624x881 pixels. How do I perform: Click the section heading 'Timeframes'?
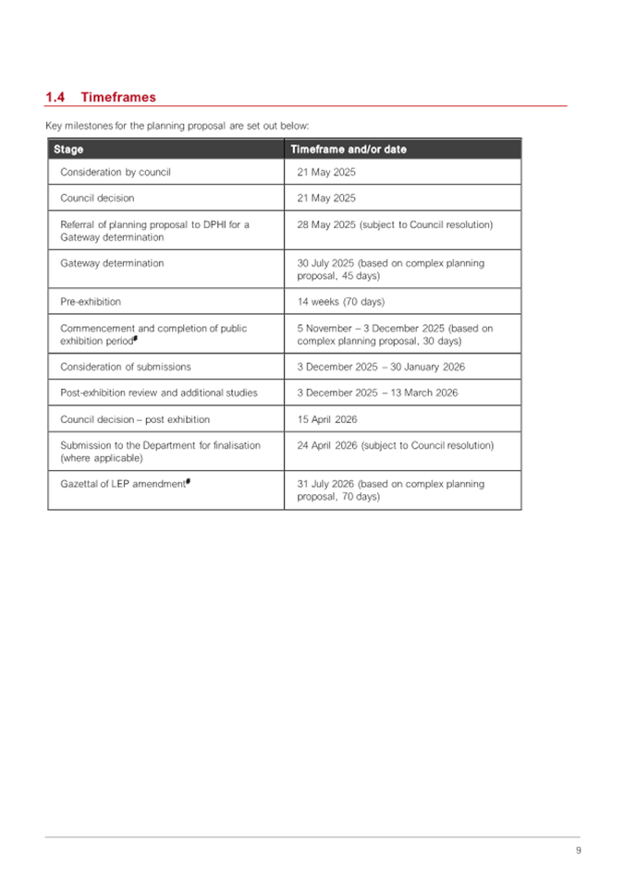[118, 97]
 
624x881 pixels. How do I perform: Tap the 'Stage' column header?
[68, 150]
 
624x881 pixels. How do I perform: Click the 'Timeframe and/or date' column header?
[349, 150]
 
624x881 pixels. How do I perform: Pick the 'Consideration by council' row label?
[116, 172]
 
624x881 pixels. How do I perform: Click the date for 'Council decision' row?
[326, 198]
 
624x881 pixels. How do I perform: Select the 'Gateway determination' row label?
[112, 263]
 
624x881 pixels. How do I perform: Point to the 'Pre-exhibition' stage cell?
[91, 301]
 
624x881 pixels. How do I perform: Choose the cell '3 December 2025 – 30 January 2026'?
[381, 367]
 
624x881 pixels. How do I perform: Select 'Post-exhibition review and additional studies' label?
[159, 392]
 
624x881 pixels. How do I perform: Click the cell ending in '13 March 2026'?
[378, 392]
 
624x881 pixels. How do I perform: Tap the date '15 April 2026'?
[327, 419]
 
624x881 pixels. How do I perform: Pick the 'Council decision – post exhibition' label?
[135, 419]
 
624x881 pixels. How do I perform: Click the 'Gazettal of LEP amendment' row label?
[123, 484]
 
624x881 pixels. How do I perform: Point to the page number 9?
[578, 851]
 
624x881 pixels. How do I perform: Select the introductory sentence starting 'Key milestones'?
[177, 125]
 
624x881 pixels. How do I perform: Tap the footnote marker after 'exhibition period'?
[136, 338]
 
